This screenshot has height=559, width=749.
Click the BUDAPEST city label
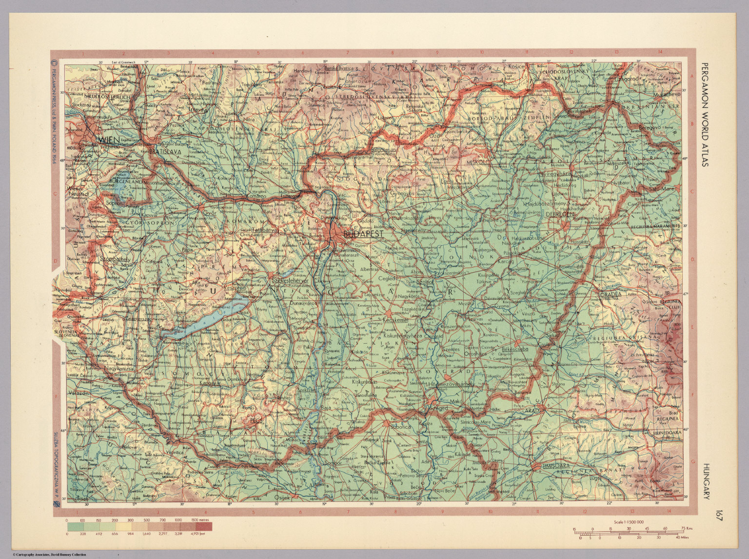coord(363,234)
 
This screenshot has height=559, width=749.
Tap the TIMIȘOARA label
coord(556,467)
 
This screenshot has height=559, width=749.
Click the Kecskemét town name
coord(395,320)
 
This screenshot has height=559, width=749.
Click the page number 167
coord(719,516)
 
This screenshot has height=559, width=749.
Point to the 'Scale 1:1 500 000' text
coord(625,521)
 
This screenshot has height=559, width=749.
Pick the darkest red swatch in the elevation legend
coord(204,527)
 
